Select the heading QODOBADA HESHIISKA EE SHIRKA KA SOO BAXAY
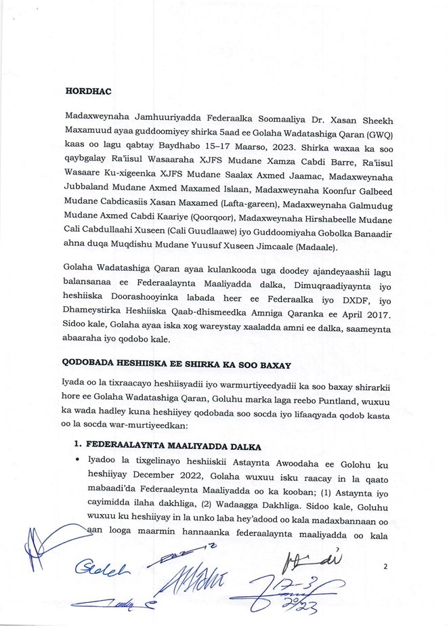tap(177, 364)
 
